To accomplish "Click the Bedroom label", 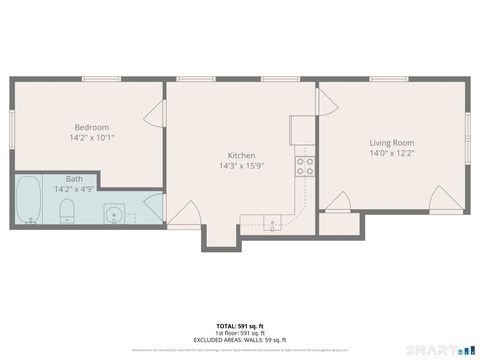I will [91, 127].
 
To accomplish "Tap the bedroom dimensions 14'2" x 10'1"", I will [91, 138].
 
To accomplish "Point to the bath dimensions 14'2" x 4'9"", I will [74, 188].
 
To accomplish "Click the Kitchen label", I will [241, 155].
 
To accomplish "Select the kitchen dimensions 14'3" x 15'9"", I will [241, 166].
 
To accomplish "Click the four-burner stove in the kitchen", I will [304, 166].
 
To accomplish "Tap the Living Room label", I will [391, 143].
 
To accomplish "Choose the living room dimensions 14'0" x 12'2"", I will [391, 154].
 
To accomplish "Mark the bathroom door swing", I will [153, 208].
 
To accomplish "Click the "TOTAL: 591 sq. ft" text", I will [240, 326].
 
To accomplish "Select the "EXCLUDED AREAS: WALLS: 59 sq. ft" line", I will [240, 339].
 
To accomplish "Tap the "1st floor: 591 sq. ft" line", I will [240, 333].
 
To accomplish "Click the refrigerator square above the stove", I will [303, 131].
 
